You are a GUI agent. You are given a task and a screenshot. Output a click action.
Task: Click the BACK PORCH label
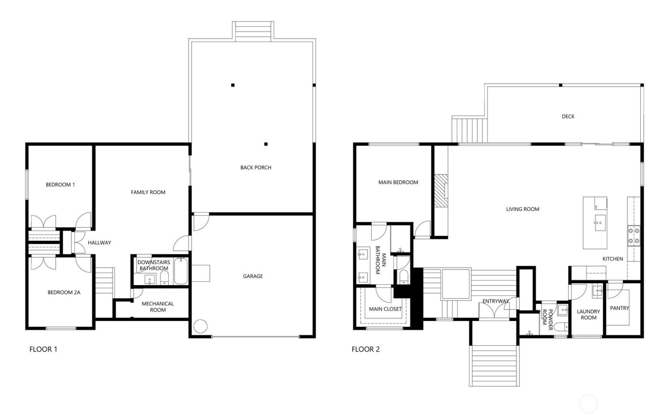[256, 168]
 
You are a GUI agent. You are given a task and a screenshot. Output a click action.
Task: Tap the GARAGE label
[253, 276]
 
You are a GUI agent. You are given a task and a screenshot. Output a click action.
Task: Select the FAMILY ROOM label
[148, 193]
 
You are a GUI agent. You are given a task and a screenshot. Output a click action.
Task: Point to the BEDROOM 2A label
[64, 292]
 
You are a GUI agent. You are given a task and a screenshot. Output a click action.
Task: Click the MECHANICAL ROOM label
[158, 307]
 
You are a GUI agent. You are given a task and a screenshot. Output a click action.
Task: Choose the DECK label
[568, 117]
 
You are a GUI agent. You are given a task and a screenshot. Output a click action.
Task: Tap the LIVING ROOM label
[523, 209]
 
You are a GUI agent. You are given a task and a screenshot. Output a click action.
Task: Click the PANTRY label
[620, 308]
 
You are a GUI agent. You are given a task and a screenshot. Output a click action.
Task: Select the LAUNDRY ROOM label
[588, 314]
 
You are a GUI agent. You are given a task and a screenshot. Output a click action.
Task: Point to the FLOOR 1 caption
[43, 349]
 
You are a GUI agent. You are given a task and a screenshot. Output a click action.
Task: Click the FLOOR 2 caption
[366, 349]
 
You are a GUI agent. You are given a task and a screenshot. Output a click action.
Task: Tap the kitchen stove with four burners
[634, 236]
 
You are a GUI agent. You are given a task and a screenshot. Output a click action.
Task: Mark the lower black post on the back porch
[266, 144]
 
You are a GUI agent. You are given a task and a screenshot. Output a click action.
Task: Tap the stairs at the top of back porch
[253, 32]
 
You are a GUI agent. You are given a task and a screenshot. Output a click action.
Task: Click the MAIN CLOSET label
[385, 309]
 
